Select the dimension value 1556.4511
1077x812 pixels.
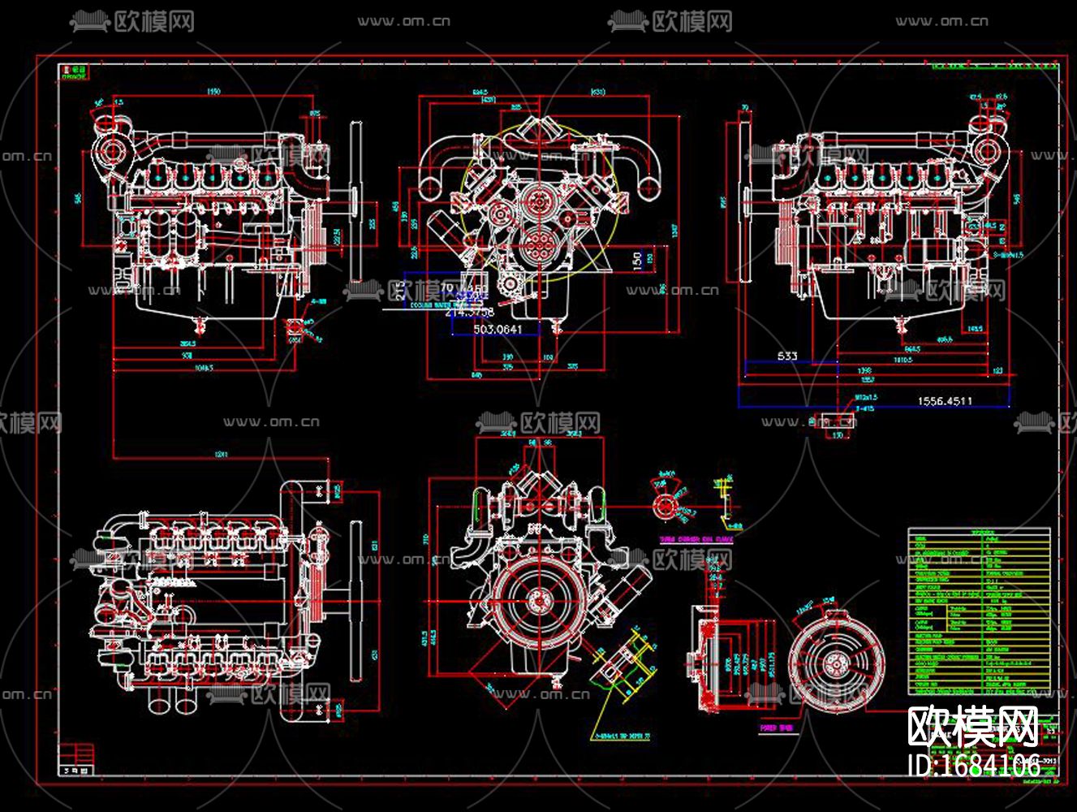coord(945,400)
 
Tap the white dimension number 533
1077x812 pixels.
coord(786,356)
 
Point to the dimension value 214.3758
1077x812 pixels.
coord(471,311)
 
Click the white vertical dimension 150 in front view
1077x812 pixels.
coord(638,261)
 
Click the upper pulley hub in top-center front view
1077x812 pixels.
coord(536,198)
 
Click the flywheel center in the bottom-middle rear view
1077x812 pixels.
coord(536,601)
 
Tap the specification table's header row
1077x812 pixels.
coord(978,533)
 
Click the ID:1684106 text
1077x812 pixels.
coord(973,765)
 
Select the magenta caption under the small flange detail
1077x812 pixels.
coord(696,538)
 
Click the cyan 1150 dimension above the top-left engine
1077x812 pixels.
coord(213,91)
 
